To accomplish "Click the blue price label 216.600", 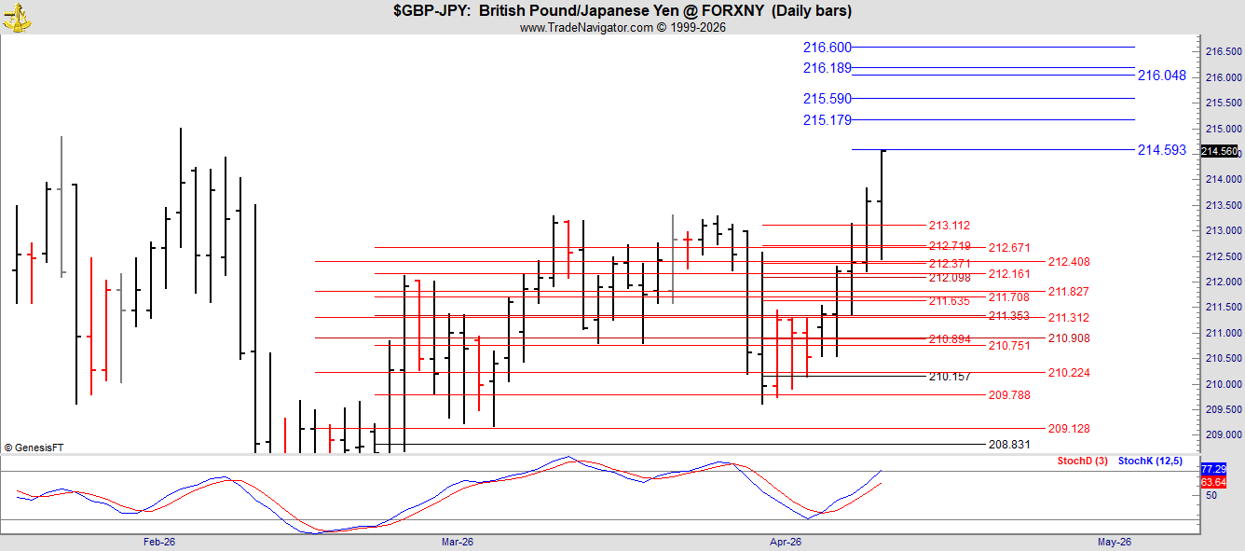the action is tap(827, 48).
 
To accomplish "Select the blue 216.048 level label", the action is tap(1162, 76).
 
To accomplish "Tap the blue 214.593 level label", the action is tap(1162, 150).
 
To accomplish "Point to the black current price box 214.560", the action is tap(1220, 151).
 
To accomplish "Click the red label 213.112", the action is tap(950, 226).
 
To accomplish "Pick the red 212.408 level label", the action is tap(1069, 262).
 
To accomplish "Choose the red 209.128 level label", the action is tap(1069, 429).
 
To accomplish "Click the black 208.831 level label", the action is tap(1009, 445).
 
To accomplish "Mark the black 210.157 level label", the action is tap(950, 377).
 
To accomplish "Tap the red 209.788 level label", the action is tap(1009, 395).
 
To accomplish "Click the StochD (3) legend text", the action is tap(1082, 461).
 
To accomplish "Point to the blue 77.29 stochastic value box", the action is tap(1213, 469).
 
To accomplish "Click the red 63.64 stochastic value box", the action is tap(1213, 482).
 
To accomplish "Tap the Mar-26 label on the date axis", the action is tap(458, 542).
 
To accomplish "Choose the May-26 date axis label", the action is tap(1115, 542).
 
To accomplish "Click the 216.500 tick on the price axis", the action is tap(1224, 51).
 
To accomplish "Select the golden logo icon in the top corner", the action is tap(17, 18).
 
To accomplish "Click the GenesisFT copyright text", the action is tap(34, 448).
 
